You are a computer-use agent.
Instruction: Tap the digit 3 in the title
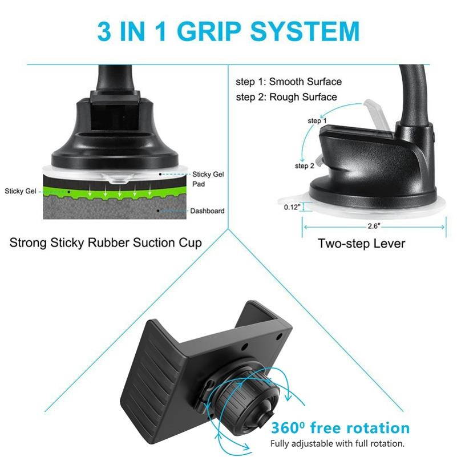pyautogui.click(x=105, y=31)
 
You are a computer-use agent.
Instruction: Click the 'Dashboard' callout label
pyautogui.click(x=207, y=211)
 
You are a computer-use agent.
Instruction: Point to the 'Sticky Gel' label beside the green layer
pyautogui.click(x=21, y=191)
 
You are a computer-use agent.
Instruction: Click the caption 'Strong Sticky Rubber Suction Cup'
pyautogui.click(x=106, y=242)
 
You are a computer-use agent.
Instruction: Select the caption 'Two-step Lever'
pyautogui.click(x=361, y=244)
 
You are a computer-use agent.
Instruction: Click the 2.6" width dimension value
pyautogui.click(x=374, y=226)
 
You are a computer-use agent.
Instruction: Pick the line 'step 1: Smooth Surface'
pyautogui.click(x=289, y=82)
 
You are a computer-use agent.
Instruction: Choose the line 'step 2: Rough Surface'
pyautogui.click(x=286, y=97)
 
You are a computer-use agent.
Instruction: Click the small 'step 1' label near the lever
pyautogui.click(x=317, y=121)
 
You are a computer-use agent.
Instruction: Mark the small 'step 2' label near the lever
pyautogui.click(x=304, y=166)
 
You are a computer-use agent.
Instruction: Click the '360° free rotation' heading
pyautogui.click(x=340, y=428)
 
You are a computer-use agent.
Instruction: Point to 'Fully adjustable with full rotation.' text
pyautogui.click(x=338, y=443)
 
